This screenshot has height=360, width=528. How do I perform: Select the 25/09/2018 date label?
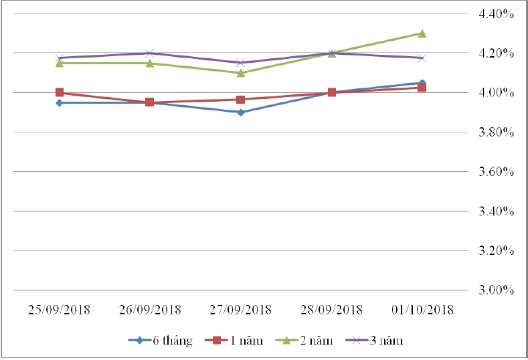tap(59, 310)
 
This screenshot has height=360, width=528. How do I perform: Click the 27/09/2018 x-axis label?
tap(240, 310)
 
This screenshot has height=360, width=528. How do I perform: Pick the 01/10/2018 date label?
tap(422, 310)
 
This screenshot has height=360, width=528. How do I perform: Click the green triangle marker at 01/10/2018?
tap(422, 33)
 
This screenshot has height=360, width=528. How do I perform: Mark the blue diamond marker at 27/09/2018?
tap(241, 112)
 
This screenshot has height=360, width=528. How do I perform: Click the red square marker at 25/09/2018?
tap(60, 93)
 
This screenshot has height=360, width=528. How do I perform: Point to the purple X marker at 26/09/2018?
tap(150, 54)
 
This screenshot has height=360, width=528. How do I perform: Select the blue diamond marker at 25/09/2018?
tap(60, 103)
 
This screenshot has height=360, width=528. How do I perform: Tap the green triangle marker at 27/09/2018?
tap(241, 73)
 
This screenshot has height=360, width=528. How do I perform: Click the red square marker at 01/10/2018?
tap(422, 88)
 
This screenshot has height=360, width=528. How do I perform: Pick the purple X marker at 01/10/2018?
tap(422, 58)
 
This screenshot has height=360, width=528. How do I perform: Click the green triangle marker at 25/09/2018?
tap(60, 63)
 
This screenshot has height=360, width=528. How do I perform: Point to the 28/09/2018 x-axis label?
tap(331, 310)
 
